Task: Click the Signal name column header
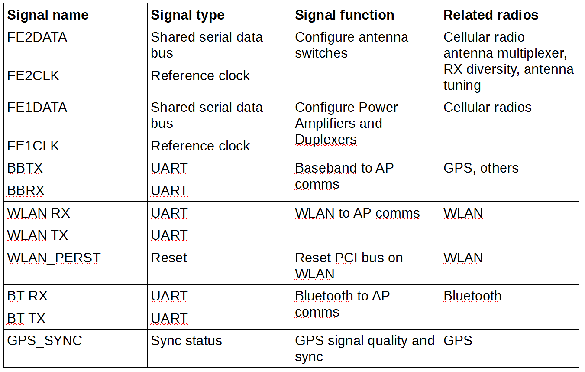(48, 15)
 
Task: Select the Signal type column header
(187, 15)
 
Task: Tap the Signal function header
(345, 15)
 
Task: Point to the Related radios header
(491, 15)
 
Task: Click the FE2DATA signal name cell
(37, 37)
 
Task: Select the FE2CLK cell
(33, 75)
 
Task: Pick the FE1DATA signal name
(37, 107)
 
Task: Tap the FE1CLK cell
(33, 146)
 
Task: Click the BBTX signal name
(25, 168)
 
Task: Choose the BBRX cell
(26, 190)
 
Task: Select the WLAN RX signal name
(39, 213)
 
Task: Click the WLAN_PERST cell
(54, 258)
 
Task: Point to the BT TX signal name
(26, 318)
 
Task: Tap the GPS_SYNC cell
(45, 341)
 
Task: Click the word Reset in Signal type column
(169, 258)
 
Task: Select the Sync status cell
(187, 341)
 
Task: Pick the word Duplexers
(326, 139)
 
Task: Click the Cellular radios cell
(487, 107)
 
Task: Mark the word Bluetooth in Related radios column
(472, 296)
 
